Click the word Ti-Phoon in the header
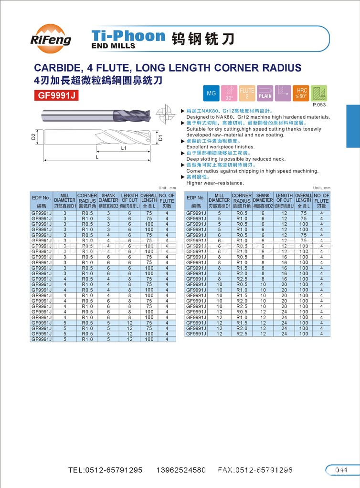point(127,35)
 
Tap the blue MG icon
point(211,93)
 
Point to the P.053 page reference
point(318,104)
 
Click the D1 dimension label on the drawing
point(160,138)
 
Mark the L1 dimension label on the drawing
point(123,148)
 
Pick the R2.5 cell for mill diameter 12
point(242,334)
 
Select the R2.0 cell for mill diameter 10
point(242,301)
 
